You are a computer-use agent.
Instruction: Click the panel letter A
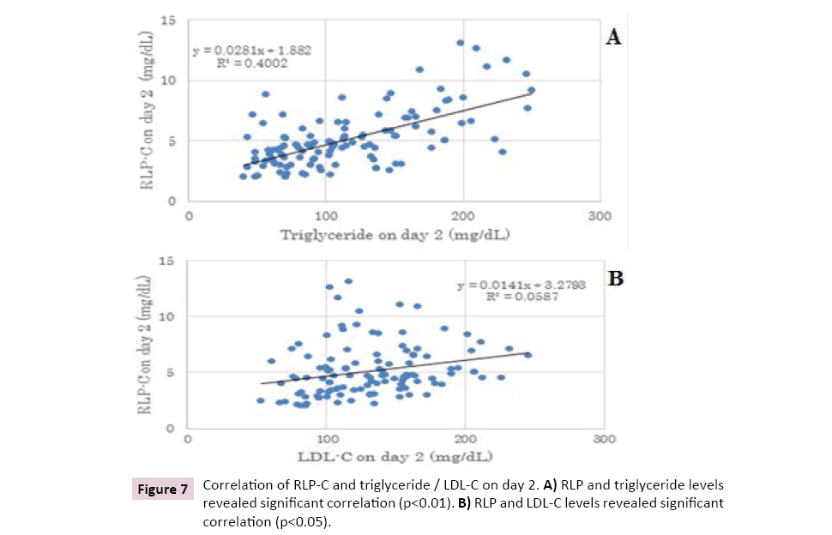click(614, 37)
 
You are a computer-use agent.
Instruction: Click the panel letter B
click(616, 280)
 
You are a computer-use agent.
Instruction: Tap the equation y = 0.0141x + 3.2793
click(522, 285)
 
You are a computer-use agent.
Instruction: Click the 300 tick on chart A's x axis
click(600, 216)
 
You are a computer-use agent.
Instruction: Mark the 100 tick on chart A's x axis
click(325, 216)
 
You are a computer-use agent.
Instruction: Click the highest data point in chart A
click(461, 42)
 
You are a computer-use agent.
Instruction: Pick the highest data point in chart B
click(348, 281)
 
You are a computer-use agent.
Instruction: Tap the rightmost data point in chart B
click(528, 355)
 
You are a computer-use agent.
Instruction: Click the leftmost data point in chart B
click(261, 400)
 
